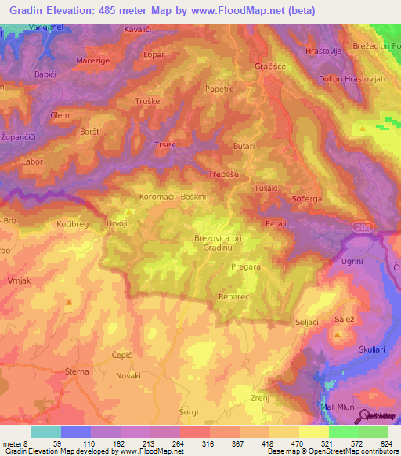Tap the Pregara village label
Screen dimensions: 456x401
coord(247,267)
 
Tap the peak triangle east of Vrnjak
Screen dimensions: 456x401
coord(69,302)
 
